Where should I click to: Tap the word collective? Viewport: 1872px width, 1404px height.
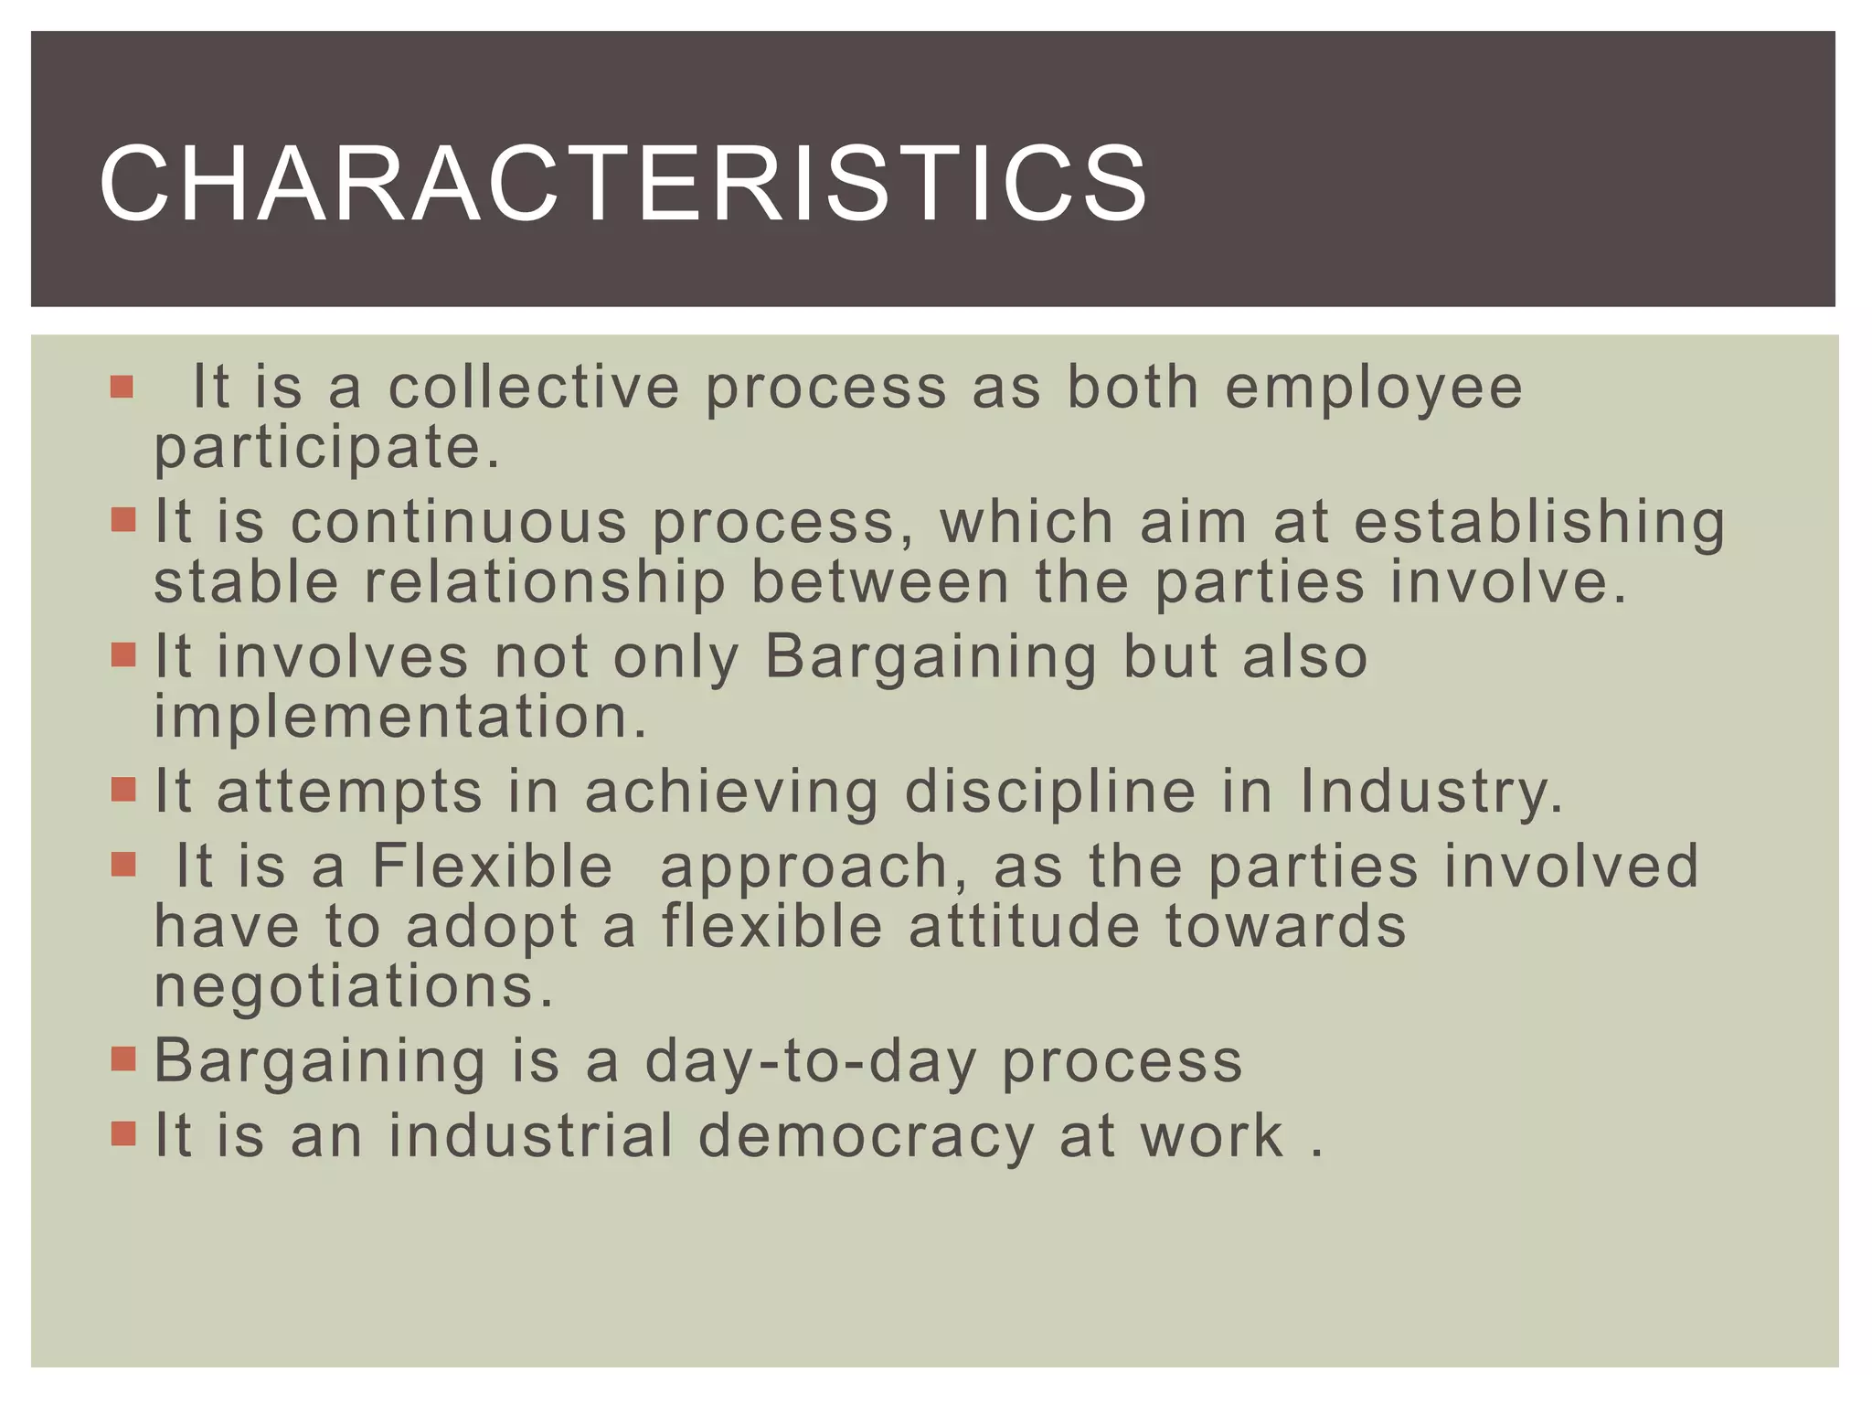(534, 387)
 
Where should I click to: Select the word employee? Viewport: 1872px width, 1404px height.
(1373, 388)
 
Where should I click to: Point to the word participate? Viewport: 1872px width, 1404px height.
(327, 448)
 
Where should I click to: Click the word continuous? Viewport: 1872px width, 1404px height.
(459, 522)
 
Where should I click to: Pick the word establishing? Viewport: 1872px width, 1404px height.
(1539, 524)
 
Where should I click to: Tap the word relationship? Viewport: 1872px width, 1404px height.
(545, 582)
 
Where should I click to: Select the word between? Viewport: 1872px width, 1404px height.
(879, 582)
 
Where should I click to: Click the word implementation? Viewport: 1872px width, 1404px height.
(400, 716)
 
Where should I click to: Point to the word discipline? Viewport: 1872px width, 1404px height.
(1049, 792)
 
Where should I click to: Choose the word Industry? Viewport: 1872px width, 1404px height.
(1431, 792)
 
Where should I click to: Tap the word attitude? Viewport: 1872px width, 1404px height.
(1024, 927)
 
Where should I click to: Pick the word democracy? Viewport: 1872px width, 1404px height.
(866, 1135)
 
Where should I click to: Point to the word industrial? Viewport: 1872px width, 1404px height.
(530, 1135)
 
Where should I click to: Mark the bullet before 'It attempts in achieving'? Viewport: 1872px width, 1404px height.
(122, 789)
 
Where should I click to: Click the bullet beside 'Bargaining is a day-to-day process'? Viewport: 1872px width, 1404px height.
(122, 1059)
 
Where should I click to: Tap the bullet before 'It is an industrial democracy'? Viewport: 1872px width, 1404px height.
(122, 1133)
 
